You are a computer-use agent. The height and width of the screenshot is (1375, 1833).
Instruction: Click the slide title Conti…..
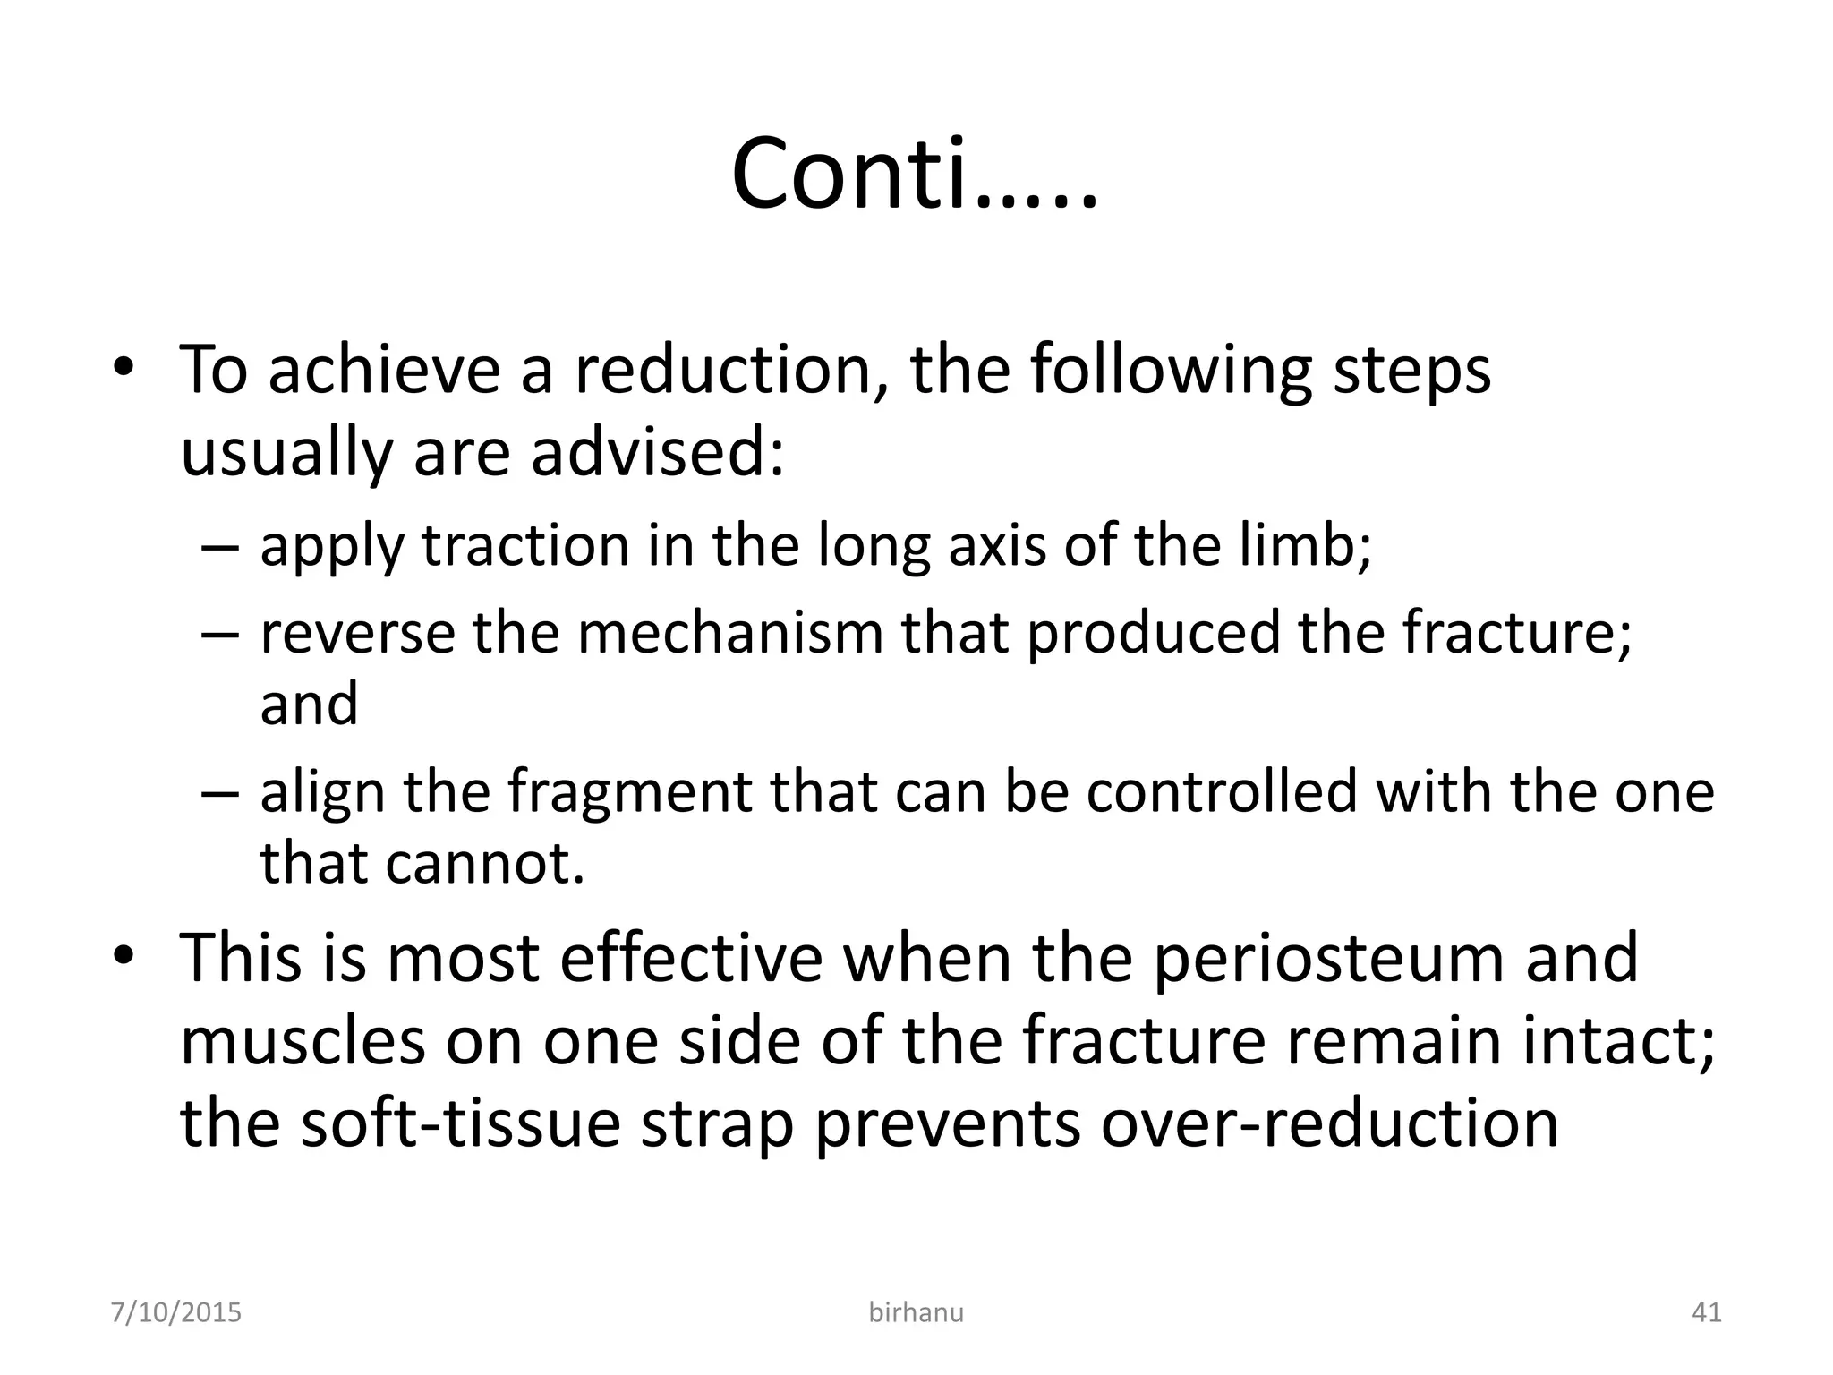pyautogui.click(x=914, y=175)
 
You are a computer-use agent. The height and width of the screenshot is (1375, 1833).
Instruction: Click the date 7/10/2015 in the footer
pyautogui.click(x=176, y=1312)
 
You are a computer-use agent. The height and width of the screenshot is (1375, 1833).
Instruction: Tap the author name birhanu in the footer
pyautogui.click(x=916, y=1312)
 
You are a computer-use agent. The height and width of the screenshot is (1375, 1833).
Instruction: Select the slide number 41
pyautogui.click(x=1707, y=1312)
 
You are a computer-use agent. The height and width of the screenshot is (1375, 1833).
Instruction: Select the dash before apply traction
pyautogui.click(x=220, y=546)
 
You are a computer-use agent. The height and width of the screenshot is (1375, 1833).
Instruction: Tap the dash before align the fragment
pyautogui.click(x=220, y=793)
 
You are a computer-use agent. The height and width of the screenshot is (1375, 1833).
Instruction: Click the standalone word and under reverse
pyautogui.click(x=309, y=703)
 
